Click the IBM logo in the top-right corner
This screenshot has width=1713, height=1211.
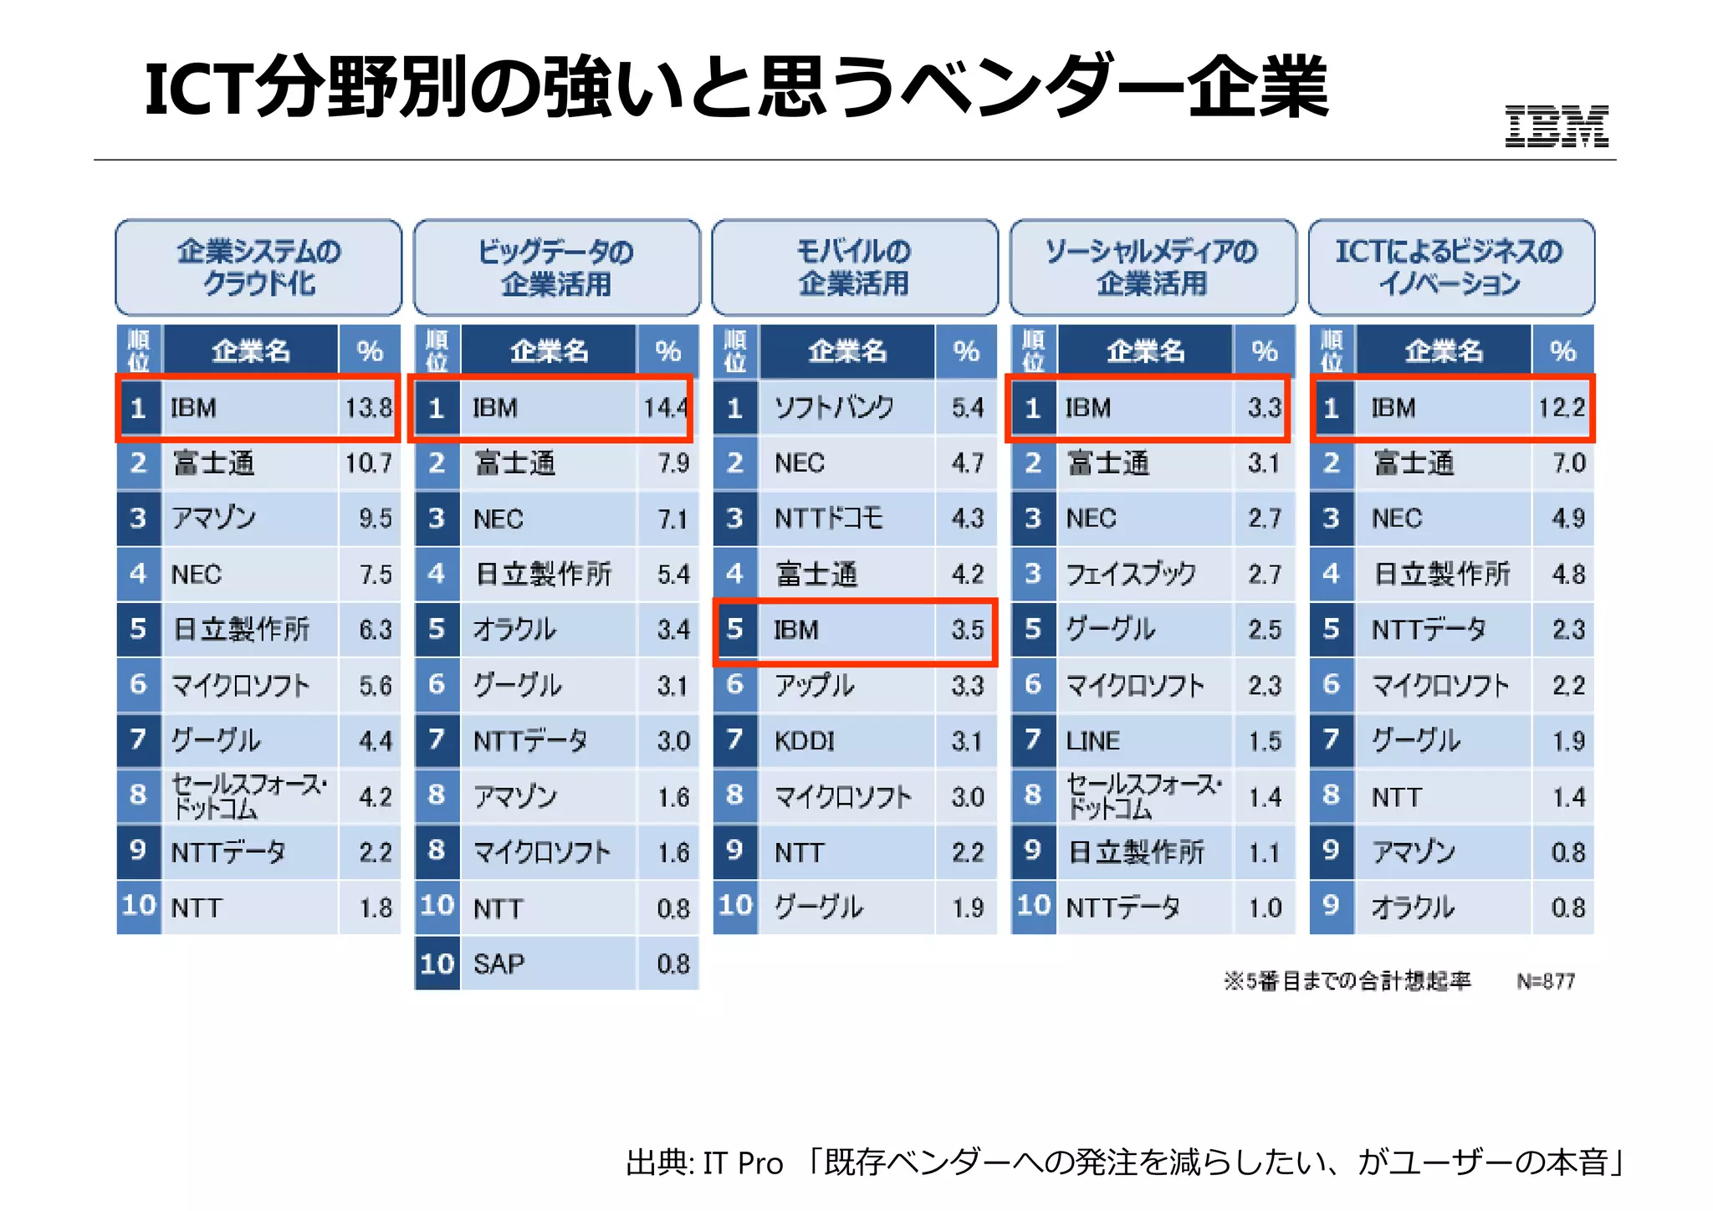1556,127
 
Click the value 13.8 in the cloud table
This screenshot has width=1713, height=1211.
368,408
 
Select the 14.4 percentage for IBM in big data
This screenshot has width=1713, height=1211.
665,408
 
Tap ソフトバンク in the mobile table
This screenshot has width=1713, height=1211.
834,408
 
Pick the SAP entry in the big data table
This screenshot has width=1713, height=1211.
499,964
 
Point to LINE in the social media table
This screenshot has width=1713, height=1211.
1092,741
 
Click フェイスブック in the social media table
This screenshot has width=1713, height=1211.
1130,575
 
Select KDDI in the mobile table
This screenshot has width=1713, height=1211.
804,741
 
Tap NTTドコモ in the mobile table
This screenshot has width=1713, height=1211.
828,519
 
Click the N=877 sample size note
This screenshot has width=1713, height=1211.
1546,981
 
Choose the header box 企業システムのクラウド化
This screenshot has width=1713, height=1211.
258,268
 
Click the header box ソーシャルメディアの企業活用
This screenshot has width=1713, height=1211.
1152,268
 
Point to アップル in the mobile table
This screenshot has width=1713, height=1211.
814,686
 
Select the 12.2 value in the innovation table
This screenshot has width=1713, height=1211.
1561,408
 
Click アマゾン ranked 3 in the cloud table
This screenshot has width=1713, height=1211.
213,519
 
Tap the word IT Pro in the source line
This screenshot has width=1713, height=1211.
743,1163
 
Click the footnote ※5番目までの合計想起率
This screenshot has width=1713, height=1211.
1347,981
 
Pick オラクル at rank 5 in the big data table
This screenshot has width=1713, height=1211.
514,630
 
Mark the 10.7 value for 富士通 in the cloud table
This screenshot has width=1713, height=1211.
368,463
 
